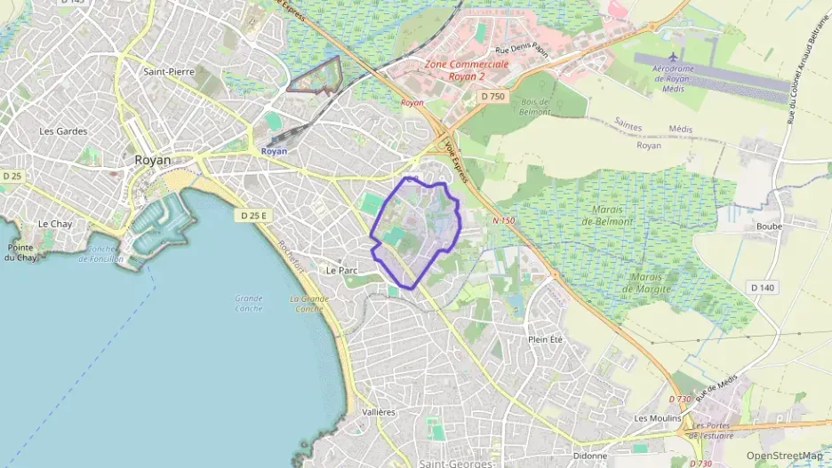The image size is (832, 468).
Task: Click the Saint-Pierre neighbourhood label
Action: tap(170, 71)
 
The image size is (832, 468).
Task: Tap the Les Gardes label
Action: tap(63, 131)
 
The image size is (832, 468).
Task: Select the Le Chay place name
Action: tap(54, 224)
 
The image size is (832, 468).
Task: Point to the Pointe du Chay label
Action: tap(20, 252)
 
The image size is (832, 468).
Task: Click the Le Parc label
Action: tap(341, 270)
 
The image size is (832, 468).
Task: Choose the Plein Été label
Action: tap(546, 339)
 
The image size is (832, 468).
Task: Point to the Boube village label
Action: tap(769, 226)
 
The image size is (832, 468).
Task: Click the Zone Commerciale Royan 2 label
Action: tap(467, 70)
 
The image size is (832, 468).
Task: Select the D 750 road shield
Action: tap(492, 96)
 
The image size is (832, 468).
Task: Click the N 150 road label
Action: tap(503, 219)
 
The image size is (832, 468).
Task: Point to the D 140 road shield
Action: tap(762, 288)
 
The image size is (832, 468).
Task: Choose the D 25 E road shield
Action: tap(253, 215)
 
